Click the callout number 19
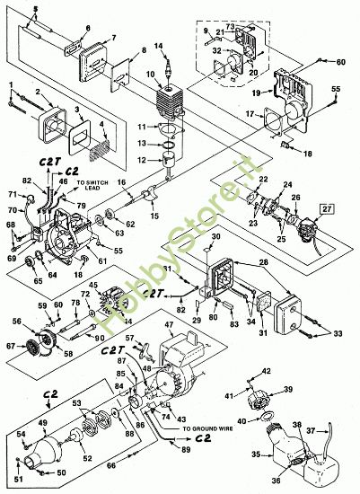(x=255, y=91)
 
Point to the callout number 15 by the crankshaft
(x=155, y=217)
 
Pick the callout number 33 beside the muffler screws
(x=338, y=334)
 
